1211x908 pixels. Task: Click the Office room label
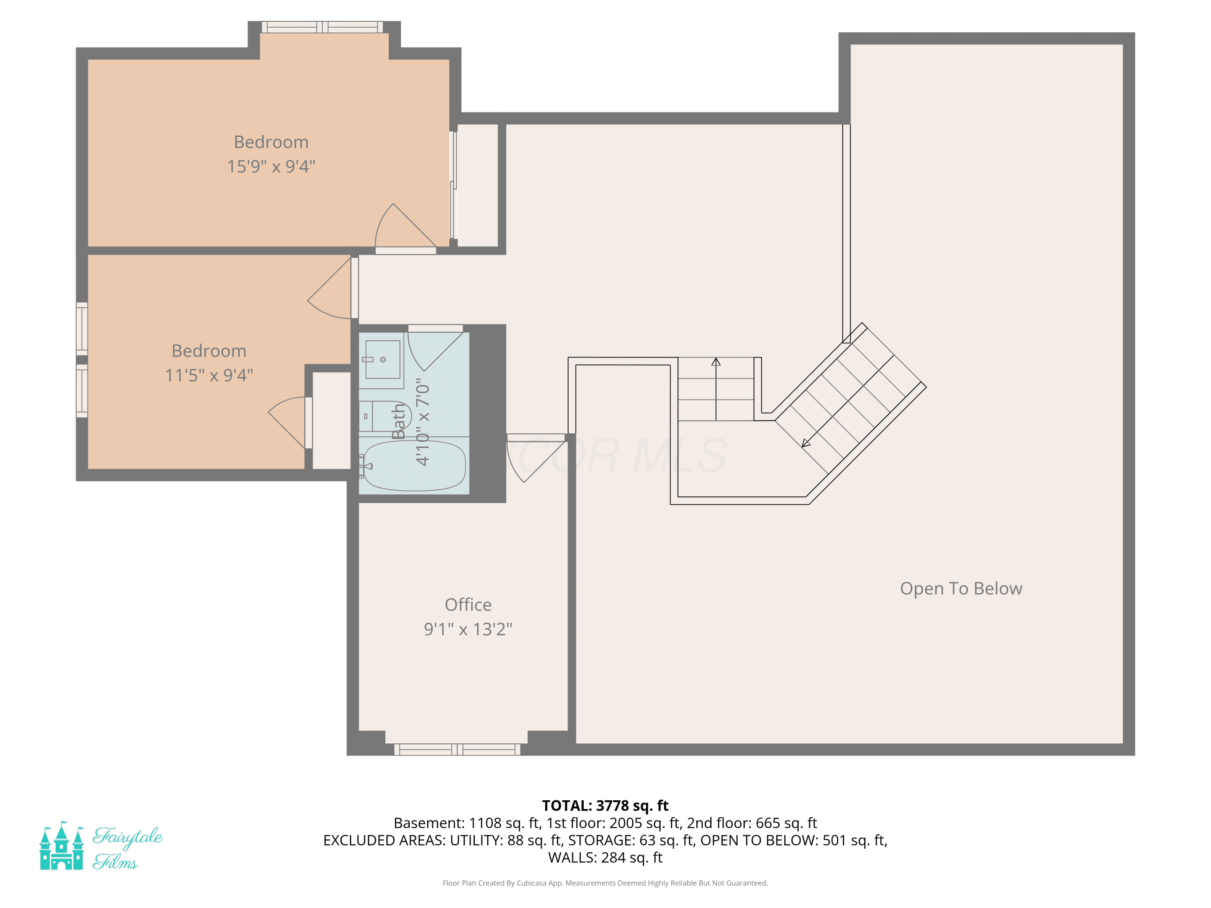(468, 605)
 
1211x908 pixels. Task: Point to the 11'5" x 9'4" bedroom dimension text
(209, 375)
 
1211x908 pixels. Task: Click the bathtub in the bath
(415, 465)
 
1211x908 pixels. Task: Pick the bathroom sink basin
(383, 360)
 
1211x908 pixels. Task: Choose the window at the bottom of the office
(457, 749)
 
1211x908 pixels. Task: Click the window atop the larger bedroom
(323, 27)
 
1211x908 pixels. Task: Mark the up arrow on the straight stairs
(716, 389)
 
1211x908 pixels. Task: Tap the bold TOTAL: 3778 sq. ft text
(605, 805)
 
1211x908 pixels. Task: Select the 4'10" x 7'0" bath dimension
(423, 422)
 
